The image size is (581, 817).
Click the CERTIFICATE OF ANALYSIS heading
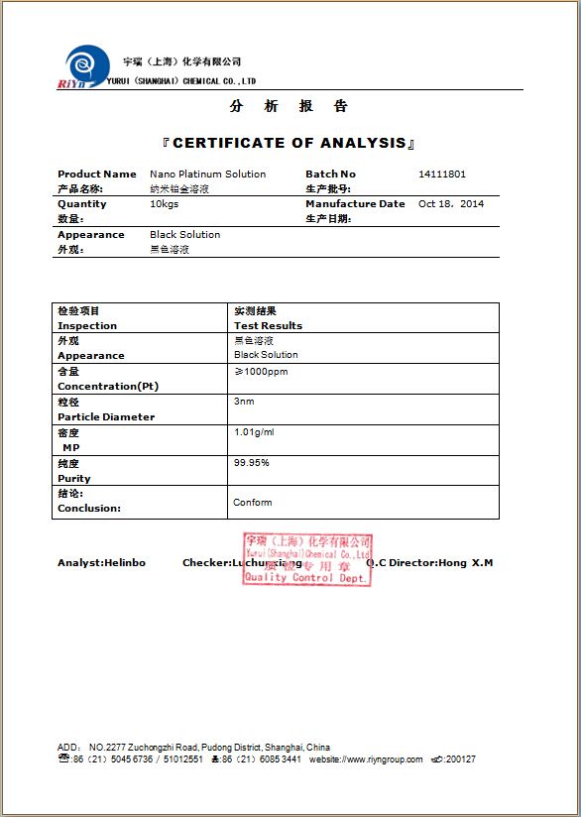[290, 143]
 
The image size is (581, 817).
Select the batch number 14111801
[442, 175]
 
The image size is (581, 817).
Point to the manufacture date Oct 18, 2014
[451, 204]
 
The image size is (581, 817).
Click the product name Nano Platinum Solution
[207, 175]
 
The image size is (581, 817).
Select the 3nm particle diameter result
[244, 402]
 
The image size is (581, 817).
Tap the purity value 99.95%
[251, 463]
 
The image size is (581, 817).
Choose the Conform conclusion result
[252, 503]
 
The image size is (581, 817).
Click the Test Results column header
[268, 325]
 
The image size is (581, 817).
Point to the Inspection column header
[87, 325]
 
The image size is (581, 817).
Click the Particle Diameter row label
[106, 417]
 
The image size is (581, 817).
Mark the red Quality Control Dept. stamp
[307, 559]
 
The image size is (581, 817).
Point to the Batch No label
[330, 175]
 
